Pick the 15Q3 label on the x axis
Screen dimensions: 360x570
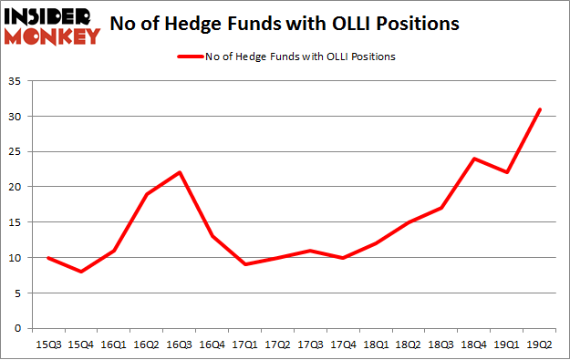(47, 344)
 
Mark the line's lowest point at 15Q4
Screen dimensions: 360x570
(79, 272)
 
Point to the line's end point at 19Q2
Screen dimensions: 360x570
(539, 110)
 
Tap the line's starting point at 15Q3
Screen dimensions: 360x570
(47, 258)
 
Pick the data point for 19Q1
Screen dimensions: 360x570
(506, 173)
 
